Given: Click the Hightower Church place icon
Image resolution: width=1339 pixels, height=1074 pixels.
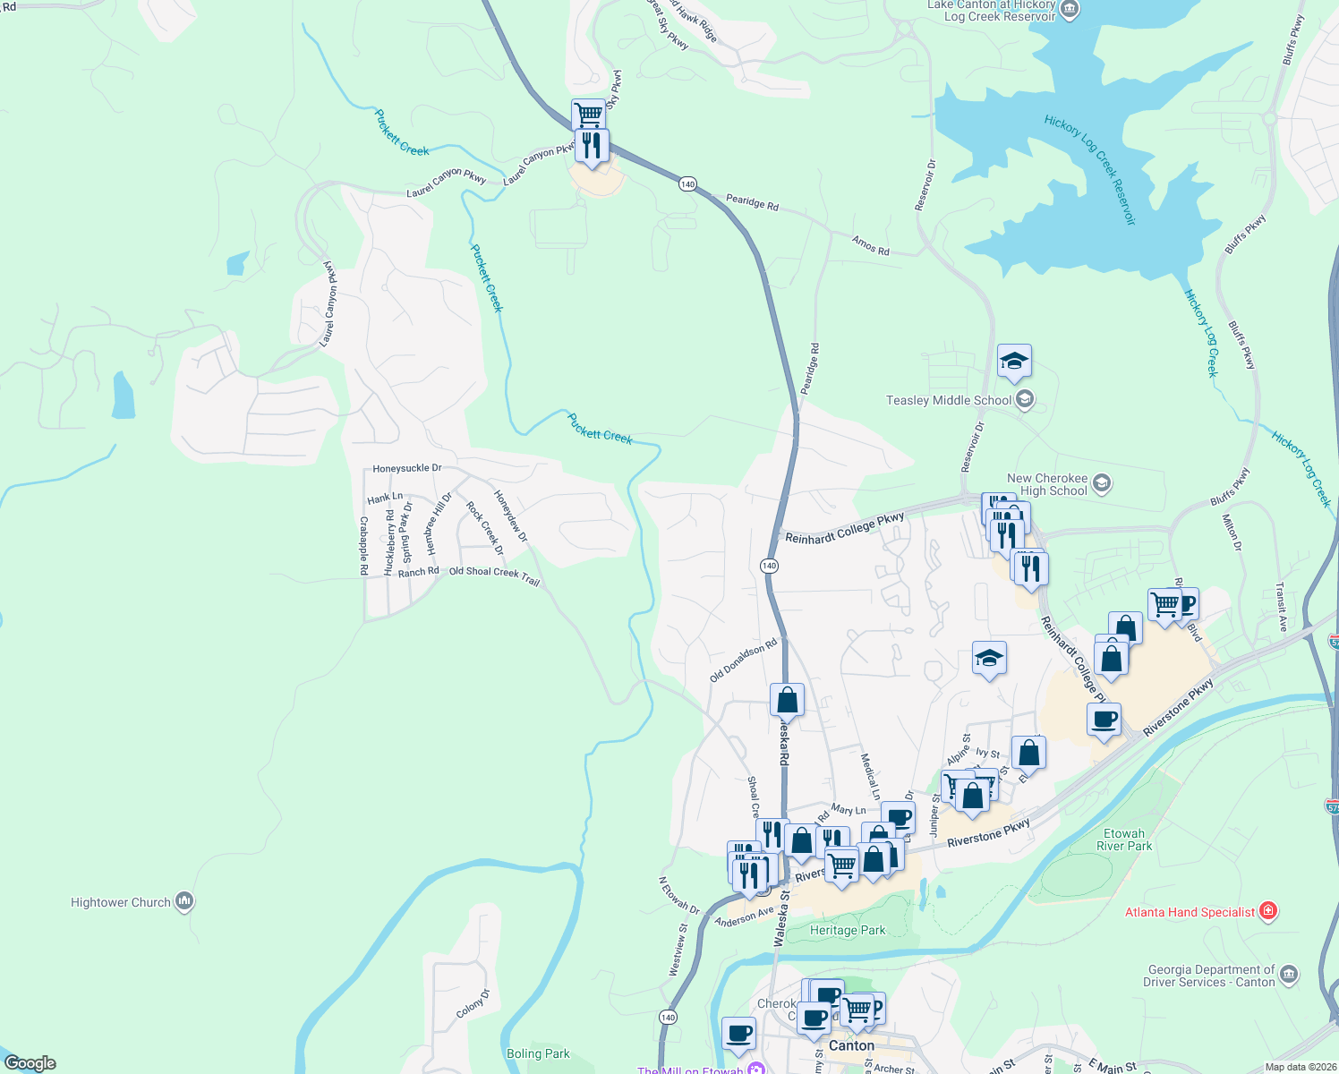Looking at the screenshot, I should [184, 901].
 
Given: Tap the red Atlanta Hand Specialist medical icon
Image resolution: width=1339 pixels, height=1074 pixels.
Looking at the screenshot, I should [1267, 912].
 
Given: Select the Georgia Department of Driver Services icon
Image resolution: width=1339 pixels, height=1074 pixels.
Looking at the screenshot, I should [1289, 975].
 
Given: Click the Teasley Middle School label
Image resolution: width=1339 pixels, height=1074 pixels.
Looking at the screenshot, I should [949, 400].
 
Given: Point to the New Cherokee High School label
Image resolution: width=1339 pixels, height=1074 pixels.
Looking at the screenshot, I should [1046, 484].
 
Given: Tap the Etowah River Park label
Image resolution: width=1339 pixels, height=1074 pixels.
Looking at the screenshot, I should [1124, 840].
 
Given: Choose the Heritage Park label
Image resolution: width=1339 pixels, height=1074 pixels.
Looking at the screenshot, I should [847, 930].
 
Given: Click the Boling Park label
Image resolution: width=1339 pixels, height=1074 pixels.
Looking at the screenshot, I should [538, 1053].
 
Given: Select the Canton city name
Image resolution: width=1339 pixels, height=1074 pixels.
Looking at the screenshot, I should [851, 1045].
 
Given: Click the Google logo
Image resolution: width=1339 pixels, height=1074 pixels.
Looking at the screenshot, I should [30, 1063].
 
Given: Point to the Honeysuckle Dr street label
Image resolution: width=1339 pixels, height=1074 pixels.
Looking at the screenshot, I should [407, 468].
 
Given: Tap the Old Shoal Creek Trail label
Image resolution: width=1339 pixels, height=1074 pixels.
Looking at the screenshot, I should [494, 575].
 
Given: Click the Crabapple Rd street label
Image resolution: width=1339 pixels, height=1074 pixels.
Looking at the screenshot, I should [363, 545].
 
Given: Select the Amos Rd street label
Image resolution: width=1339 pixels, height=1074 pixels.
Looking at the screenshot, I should [870, 245].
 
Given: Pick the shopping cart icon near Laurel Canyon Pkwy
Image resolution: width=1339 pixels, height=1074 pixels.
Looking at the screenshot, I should [588, 115].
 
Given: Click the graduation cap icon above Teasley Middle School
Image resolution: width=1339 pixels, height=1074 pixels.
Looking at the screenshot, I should [1013, 361].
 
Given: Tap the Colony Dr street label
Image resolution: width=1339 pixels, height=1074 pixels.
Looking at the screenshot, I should [473, 1003].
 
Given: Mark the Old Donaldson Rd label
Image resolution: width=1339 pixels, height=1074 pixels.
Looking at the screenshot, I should [743, 661].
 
